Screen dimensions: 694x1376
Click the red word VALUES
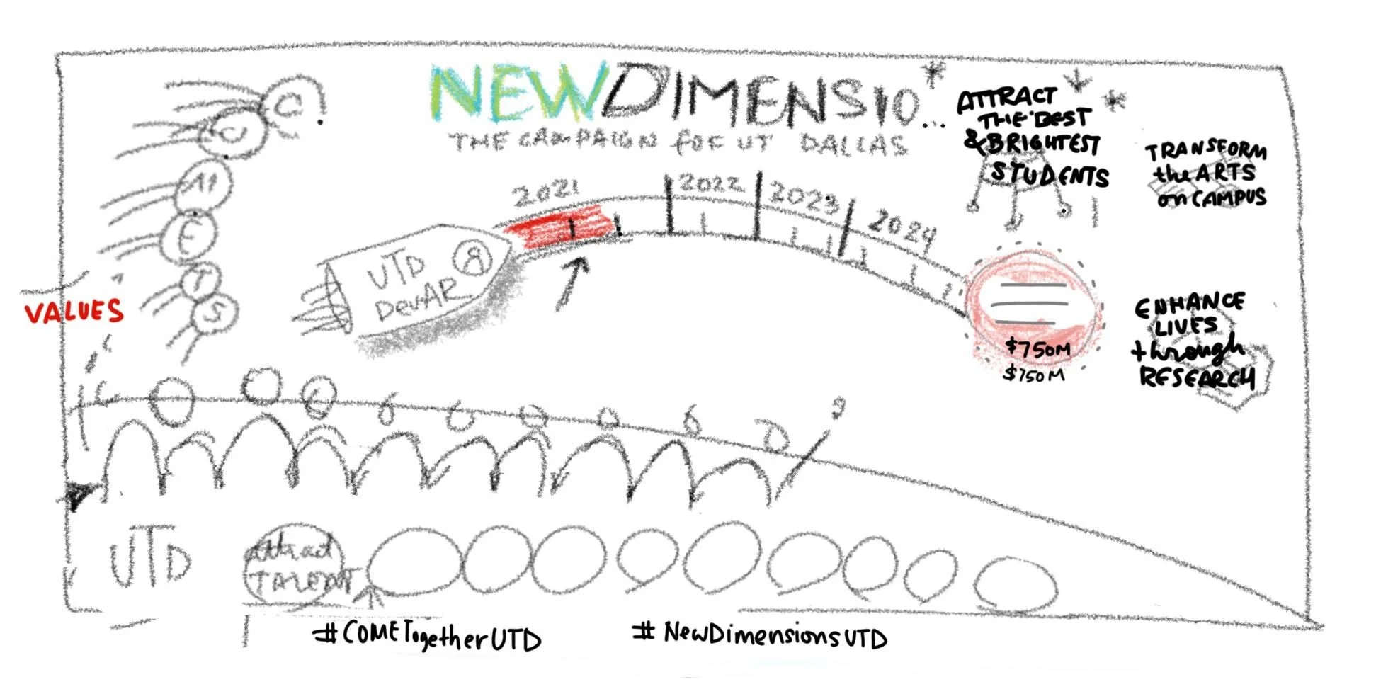[x=74, y=312]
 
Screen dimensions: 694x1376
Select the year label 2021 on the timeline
[x=546, y=193]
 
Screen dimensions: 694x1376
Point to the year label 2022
[x=710, y=184]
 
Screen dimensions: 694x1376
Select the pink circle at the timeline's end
[x=1033, y=305]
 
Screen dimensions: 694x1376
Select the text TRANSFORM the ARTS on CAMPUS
[x=1206, y=174]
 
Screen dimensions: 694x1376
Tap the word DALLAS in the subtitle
[x=853, y=144]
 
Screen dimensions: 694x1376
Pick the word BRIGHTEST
[x=1042, y=144]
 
